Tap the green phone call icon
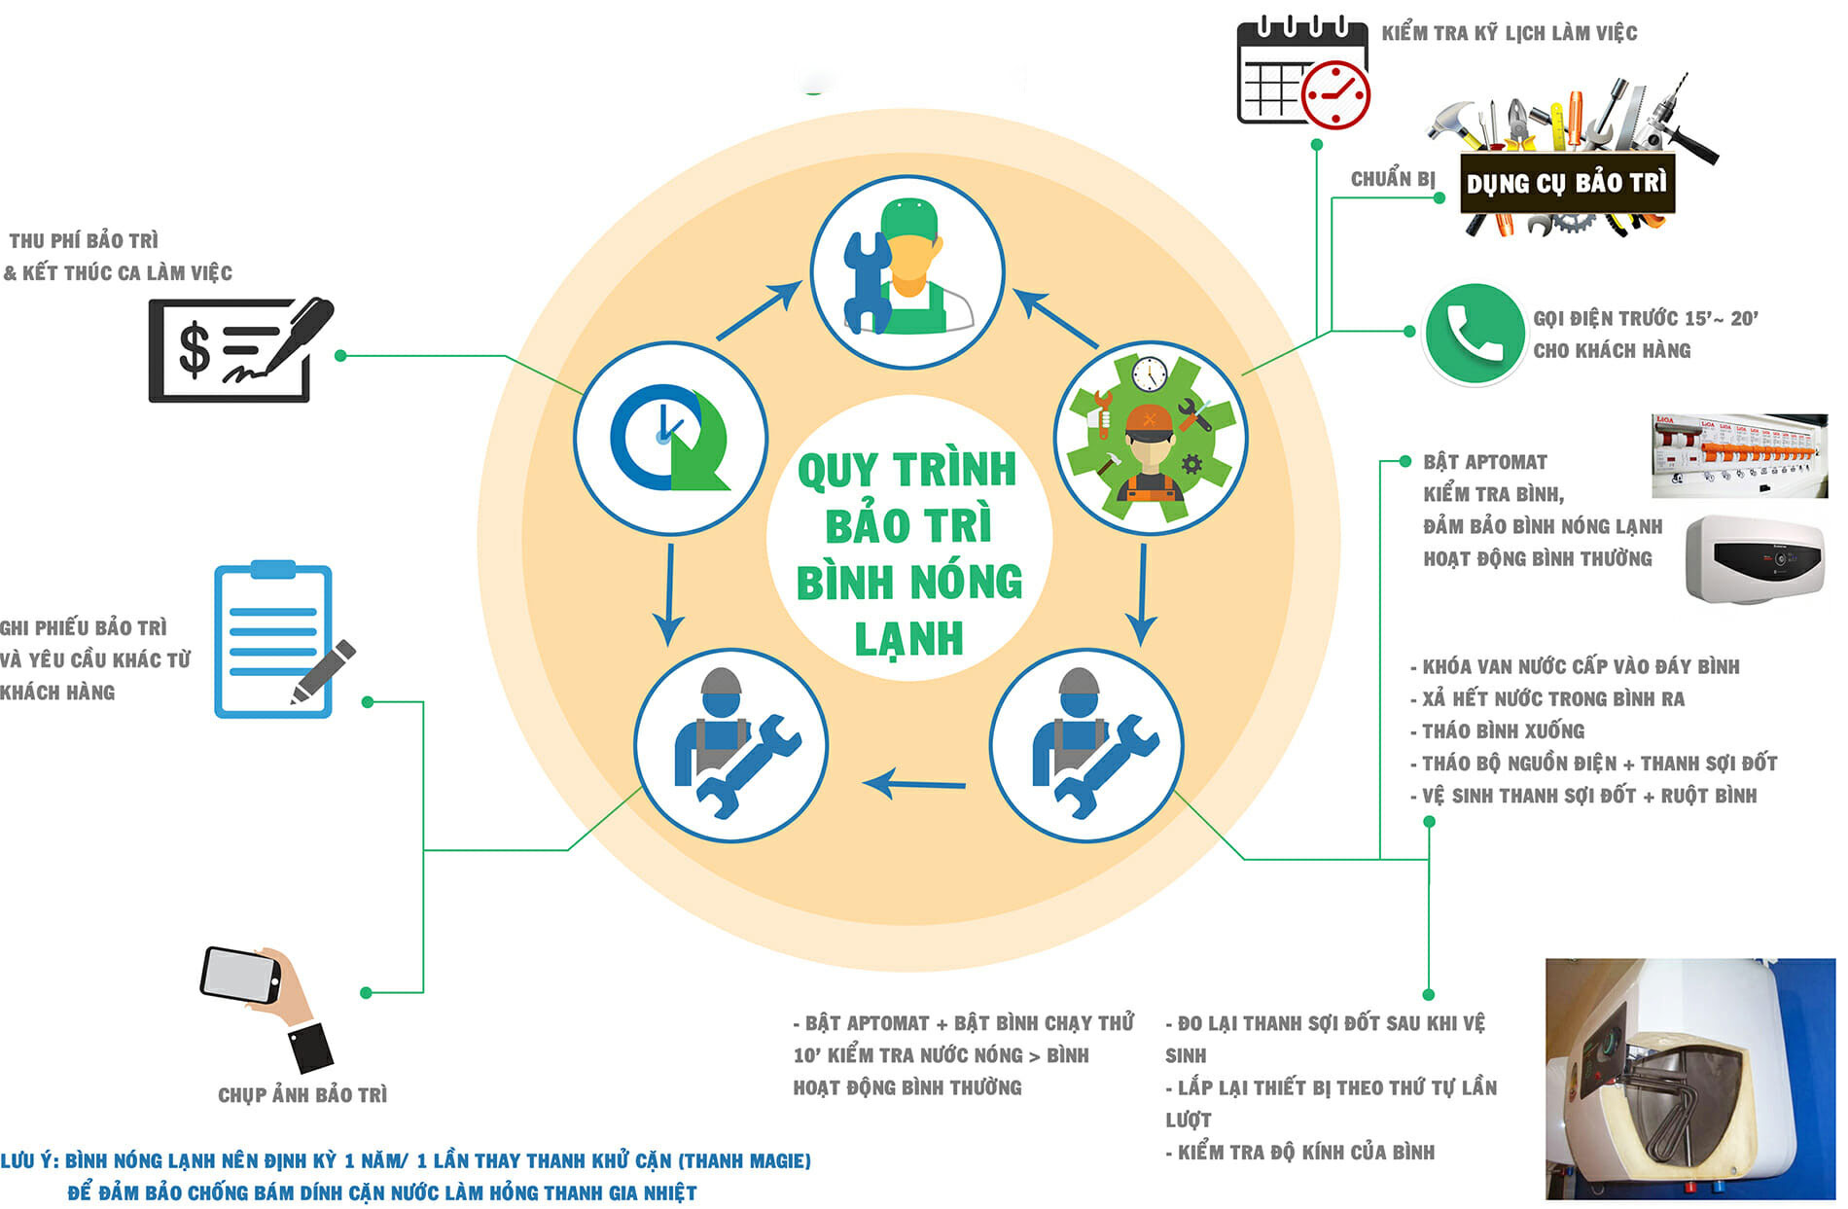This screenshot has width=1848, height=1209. pyautogui.click(x=1473, y=334)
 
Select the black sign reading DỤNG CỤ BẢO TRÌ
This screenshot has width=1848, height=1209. pyautogui.click(x=1566, y=182)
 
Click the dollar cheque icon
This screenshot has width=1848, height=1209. pyautogui.click(x=238, y=349)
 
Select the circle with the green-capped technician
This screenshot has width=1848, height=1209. pyautogui.click(x=906, y=271)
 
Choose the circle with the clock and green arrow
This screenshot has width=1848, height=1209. pyautogui.click(x=669, y=437)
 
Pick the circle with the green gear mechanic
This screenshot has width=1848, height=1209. pyautogui.click(x=1151, y=438)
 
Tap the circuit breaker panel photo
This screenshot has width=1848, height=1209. pyautogui.click(x=1738, y=454)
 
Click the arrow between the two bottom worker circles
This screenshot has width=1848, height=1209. pyautogui.click(x=913, y=783)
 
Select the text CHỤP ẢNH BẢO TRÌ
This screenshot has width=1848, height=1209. pyautogui.click(x=302, y=1095)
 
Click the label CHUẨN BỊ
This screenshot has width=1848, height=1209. pyautogui.click(x=1392, y=179)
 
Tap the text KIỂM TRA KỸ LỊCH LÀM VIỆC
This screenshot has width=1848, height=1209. pyautogui.click(x=1509, y=33)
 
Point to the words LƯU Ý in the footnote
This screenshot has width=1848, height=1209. pyautogui.click(x=29, y=1160)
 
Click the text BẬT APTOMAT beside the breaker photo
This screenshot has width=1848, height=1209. pyautogui.click(x=1484, y=462)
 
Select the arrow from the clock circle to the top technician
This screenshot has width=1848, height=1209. pyautogui.click(x=759, y=310)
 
